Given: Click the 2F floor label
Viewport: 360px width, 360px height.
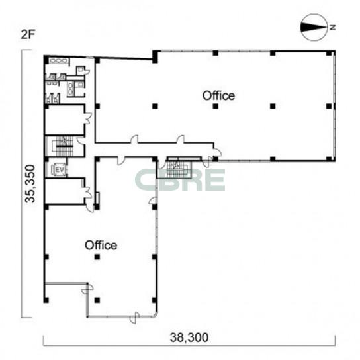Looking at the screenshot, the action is click(28, 35).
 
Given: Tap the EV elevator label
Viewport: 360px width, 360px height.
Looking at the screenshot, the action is click(58, 170).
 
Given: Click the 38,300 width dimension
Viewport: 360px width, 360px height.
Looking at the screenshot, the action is click(189, 337).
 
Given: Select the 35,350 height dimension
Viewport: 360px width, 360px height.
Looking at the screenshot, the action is click(30, 184).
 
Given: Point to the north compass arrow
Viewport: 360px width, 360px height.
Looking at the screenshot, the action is click(314, 27).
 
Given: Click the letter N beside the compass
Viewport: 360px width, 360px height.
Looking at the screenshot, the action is click(332, 28).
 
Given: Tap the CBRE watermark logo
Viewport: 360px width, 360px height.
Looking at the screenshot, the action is click(180, 180).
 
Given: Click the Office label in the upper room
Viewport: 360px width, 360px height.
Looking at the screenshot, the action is click(218, 95).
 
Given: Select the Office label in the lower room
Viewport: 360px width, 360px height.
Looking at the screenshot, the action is click(101, 246).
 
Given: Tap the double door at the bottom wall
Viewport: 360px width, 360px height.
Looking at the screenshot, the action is click(134, 318).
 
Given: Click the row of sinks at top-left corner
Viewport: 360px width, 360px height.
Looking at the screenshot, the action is click(58, 61).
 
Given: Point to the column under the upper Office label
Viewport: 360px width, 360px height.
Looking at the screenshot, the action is click(215, 106).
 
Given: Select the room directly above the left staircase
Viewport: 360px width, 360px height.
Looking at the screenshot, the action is click(64, 119).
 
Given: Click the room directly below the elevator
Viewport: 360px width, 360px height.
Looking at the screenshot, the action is click(64, 191).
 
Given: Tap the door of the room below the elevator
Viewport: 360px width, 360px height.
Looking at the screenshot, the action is click(89, 191).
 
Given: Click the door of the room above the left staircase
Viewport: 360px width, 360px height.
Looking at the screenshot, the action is click(89, 118).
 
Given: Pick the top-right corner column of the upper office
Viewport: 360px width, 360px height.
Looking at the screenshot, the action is click(329, 53).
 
